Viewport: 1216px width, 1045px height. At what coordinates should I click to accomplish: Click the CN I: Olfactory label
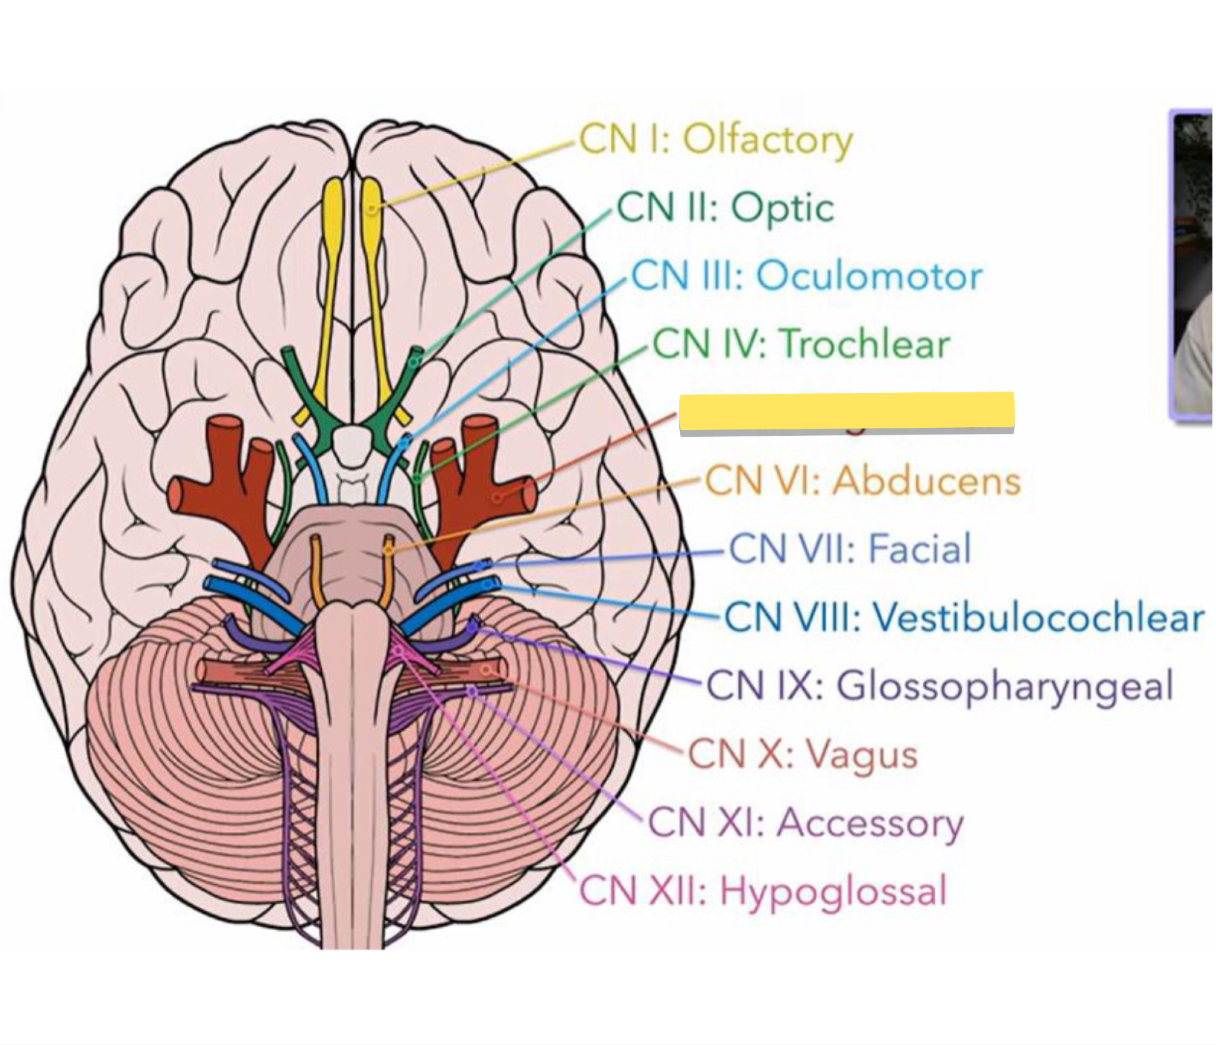[x=716, y=139]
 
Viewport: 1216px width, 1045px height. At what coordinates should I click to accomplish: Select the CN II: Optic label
[x=725, y=208]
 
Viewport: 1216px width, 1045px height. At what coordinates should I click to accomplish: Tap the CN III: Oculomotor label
[x=807, y=276]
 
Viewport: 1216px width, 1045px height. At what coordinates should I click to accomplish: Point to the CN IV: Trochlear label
[x=801, y=344]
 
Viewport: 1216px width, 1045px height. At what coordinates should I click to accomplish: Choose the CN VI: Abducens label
[x=862, y=481]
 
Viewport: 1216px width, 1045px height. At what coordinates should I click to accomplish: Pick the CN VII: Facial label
[x=850, y=549]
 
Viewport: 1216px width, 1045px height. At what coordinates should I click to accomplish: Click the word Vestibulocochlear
[x=1037, y=617]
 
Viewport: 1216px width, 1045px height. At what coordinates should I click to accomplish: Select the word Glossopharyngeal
[x=1005, y=685]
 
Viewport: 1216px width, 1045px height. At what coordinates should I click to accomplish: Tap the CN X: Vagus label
[x=803, y=754]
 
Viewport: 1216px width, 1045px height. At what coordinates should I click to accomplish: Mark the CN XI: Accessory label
[x=805, y=823]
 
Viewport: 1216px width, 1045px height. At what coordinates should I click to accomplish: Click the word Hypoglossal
[x=833, y=891]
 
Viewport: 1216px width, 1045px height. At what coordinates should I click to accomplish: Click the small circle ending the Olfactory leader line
[x=372, y=208]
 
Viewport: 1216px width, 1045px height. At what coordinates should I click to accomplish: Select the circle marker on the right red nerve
[x=498, y=495]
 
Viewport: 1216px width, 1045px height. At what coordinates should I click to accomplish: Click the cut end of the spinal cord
[x=352, y=938]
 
